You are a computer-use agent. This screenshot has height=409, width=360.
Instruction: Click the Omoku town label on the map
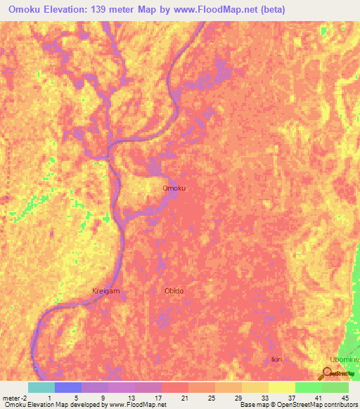[x=174, y=188]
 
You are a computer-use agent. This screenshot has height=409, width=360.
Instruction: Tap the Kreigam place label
[x=105, y=290]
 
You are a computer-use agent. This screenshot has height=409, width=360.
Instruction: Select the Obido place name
[x=174, y=290]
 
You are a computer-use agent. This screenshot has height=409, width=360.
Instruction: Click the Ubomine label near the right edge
[x=344, y=359]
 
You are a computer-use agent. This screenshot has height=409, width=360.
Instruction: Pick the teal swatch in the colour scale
[x=41, y=387]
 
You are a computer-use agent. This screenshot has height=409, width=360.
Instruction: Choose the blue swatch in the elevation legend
[x=67, y=387]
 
